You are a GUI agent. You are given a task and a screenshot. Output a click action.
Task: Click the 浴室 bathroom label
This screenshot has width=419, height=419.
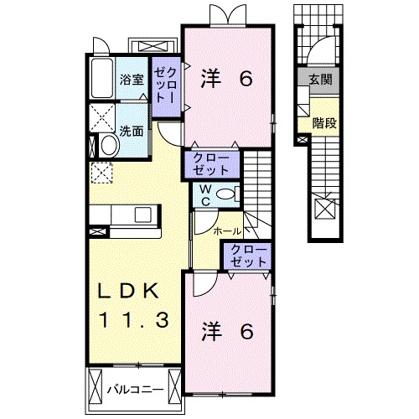tap(132, 81)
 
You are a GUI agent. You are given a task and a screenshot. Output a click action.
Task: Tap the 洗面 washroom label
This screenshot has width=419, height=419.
tap(130, 131)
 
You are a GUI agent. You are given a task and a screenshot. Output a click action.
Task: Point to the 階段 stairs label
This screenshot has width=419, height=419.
tap(323, 122)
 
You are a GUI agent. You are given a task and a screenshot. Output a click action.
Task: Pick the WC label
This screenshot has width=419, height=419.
tap(204, 194)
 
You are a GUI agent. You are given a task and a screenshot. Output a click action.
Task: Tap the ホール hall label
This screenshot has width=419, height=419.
tap(227, 230)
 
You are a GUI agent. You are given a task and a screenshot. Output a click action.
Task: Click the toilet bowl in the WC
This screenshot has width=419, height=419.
tap(224, 194)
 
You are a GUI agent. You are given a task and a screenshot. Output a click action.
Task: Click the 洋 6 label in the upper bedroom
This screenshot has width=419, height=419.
tap(225, 80)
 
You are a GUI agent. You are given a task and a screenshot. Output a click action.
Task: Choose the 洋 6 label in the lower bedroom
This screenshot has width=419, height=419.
tap(225, 331)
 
